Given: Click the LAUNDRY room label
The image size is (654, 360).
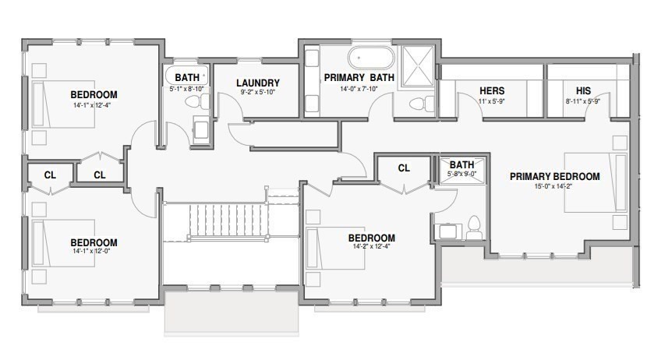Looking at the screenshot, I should click(x=257, y=83).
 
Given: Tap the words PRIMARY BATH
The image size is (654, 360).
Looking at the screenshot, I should click(x=359, y=77).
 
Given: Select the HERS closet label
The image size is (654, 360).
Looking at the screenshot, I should click(x=492, y=91).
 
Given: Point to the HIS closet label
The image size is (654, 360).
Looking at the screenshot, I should click(x=583, y=91).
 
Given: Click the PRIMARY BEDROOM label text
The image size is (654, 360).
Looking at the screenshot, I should click(x=554, y=177).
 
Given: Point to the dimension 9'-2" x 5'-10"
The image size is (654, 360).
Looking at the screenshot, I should click(x=257, y=92).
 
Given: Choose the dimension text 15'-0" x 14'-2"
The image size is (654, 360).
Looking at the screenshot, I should click(x=554, y=186).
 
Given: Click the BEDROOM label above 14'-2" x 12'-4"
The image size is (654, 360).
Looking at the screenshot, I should click(x=371, y=238).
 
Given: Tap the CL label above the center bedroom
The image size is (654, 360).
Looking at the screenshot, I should click(x=404, y=168).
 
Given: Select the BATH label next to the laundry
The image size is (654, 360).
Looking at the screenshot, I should click(x=186, y=78).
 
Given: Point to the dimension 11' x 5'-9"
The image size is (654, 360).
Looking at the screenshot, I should click(x=492, y=101).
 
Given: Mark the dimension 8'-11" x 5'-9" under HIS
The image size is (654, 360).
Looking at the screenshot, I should click(x=583, y=101).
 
